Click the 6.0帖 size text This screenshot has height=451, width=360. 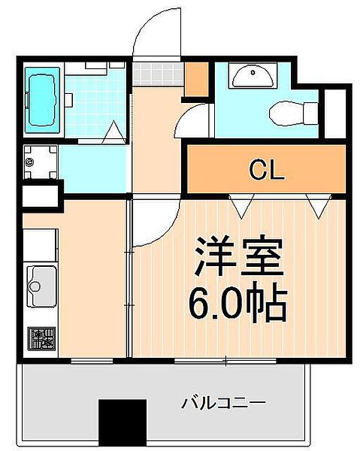point(237,304)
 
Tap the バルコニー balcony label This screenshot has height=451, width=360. point(223,404)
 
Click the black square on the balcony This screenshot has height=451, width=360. point(123,423)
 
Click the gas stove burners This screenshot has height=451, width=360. point(41,337)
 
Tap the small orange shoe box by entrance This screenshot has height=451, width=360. point(197,78)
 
